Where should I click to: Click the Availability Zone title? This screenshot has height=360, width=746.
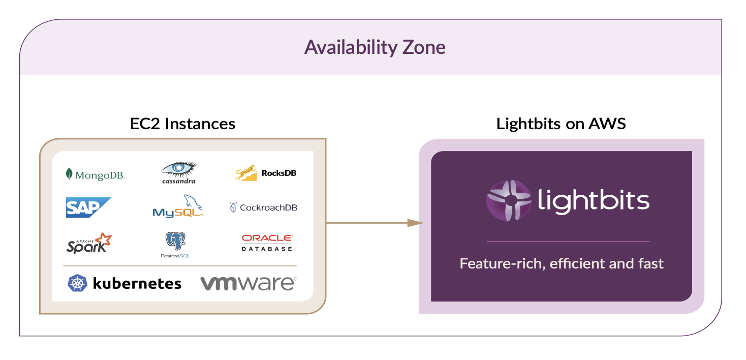[x=375, y=48]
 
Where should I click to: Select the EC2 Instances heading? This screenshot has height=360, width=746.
[x=182, y=124]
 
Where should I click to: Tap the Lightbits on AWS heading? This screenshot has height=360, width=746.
[x=561, y=124]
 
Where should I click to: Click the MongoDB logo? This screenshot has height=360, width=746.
[x=95, y=175]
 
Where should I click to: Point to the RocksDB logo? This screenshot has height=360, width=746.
[x=266, y=173]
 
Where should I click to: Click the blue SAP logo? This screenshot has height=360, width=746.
[x=88, y=207]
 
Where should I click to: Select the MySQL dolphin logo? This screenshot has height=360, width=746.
[x=177, y=206]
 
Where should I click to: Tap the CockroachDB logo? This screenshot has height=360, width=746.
[x=263, y=207]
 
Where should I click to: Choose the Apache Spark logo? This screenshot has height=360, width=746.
[x=89, y=244]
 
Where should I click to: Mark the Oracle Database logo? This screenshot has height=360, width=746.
[x=267, y=243]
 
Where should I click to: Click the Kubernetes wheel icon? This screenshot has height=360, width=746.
[x=78, y=283]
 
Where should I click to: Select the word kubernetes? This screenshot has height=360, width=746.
[x=137, y=283]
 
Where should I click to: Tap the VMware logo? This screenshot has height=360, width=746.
[x=248, y=283]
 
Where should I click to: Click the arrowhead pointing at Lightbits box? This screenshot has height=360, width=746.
[x=415, y=223]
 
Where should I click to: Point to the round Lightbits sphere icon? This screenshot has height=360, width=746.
[x=506, y=201]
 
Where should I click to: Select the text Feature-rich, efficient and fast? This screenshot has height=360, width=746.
[x=562, y=264]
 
